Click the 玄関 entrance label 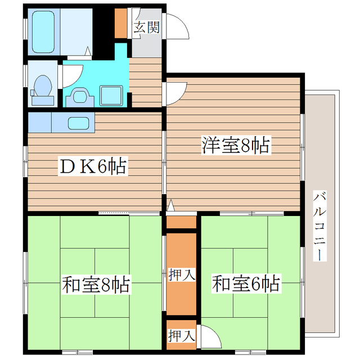147,27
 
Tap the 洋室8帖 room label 235,146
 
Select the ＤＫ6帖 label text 93,166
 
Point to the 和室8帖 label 96,285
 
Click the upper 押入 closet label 181,275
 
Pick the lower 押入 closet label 181,336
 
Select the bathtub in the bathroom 42,30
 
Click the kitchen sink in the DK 78,122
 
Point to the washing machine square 111,94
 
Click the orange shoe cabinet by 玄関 121,23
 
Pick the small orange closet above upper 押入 181,222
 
